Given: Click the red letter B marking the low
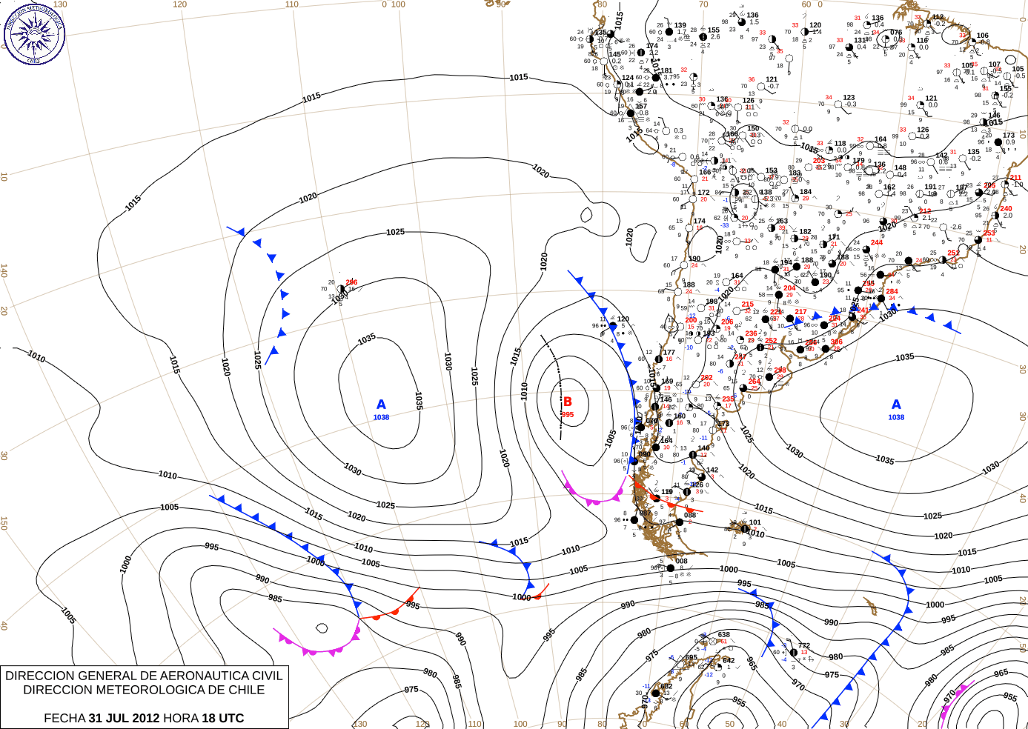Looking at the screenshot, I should (x=568, y=402).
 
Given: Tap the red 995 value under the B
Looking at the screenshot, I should (x=568, y=415).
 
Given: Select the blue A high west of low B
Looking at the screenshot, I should (x=381, y=405).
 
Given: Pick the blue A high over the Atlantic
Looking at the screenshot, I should (x=896, y=405).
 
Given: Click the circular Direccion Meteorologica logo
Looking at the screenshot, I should (x=34, y=33).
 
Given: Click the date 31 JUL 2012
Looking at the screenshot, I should (x=124, y=718).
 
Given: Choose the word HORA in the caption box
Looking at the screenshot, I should (x=181, y=718).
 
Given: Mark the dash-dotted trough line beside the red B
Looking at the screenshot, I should (x=554, y=385).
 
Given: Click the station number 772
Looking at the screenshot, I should (x=803, y=646).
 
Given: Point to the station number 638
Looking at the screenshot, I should (x=723, y=635).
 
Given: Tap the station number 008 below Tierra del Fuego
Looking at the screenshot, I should (x=681, y=561).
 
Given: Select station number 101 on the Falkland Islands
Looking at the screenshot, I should (x=755, y=522).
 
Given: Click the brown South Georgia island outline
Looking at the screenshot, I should (x=871, y=607).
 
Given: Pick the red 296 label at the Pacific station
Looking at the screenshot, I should (x=351, y=282).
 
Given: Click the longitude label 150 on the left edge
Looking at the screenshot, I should (x=4, y=523).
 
